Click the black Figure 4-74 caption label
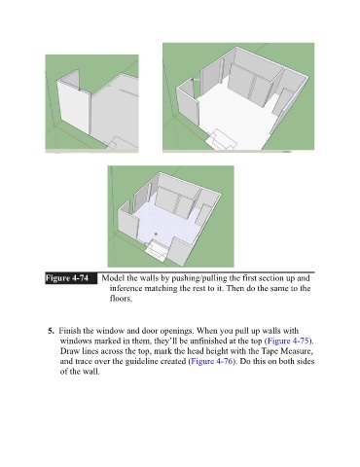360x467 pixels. click(x=71, y=278)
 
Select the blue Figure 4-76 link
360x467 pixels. click(x=212, y=361)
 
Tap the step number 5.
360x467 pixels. click(x=51, y=331)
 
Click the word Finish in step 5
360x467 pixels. click(x=69, y=331)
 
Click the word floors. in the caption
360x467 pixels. click(x=121, y=299)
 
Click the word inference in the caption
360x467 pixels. click(x=126, y=288)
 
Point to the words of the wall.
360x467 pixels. click(x=80, y=372)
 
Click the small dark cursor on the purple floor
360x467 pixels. click(x=156, y=233)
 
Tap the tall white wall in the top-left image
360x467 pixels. click(x=73, y=108)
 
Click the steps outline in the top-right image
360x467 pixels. click(x=221, y=140)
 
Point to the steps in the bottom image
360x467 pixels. click(x=158, y=251)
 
